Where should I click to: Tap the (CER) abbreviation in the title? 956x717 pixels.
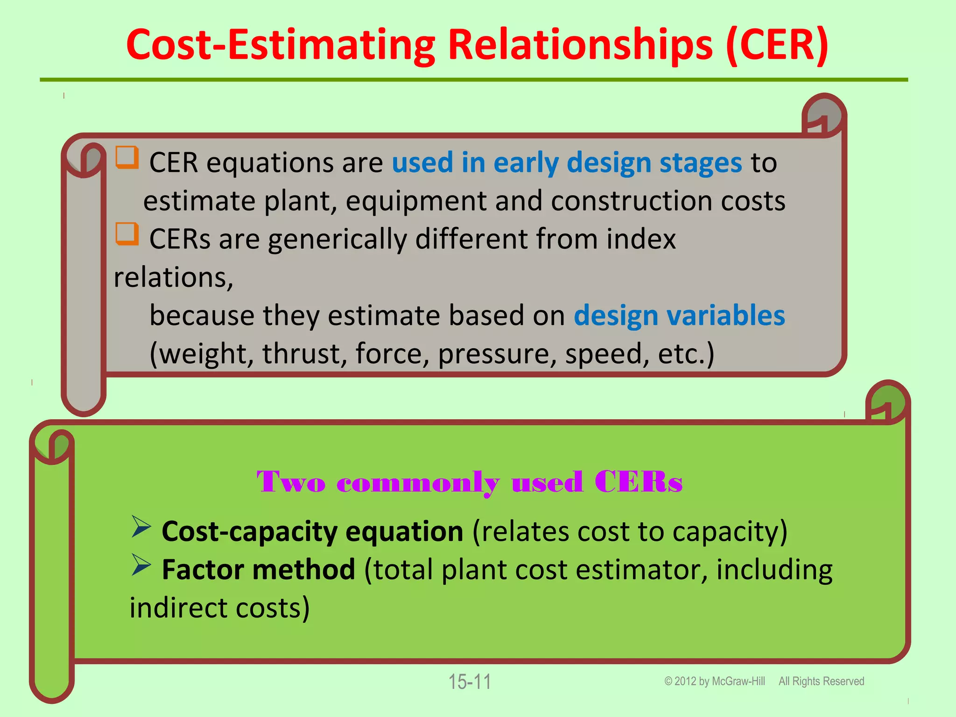[777, 45]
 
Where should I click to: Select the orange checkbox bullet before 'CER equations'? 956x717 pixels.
[127, 157]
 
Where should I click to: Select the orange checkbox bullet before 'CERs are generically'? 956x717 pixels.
[127, 234]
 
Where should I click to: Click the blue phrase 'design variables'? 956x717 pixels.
[679, 316]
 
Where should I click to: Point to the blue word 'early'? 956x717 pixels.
[526, 163]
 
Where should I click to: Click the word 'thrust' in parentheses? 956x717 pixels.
[304, 353]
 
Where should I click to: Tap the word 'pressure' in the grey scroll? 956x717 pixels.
[497, 354]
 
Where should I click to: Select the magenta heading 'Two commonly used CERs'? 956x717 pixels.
[470, 482]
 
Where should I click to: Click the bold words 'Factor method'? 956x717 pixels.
[258, 570]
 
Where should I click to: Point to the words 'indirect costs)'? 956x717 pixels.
[219, 608]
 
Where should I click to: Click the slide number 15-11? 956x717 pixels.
[470, 682]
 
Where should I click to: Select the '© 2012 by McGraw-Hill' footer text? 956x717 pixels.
[714, 682]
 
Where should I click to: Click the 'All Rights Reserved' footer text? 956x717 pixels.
[821, 682]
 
